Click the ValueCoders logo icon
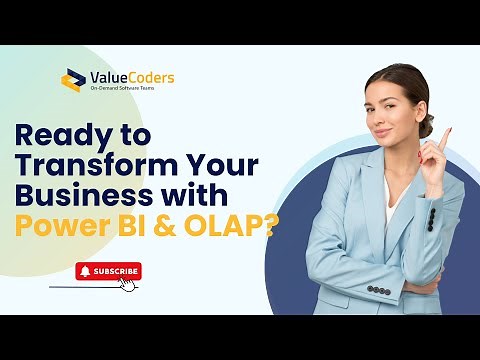click(x=72, y=80)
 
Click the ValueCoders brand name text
click(x=131, y=77)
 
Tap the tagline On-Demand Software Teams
click(x=130, y=92)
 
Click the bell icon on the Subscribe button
click(x=86, y=271)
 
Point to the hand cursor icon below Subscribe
click(x=128, y=284)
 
